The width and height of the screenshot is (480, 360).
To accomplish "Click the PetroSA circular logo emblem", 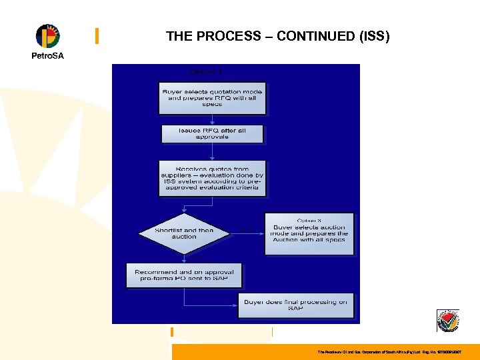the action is point(47,36).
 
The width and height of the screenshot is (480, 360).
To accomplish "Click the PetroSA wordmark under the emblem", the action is point(47,56).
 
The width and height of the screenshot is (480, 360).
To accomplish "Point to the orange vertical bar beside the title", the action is point(97,36).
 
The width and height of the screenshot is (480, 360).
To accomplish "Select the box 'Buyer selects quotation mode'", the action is point(212,98).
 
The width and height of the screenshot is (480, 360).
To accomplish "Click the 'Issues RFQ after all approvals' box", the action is point(212,133).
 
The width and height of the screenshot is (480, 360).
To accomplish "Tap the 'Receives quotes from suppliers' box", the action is point(212,178).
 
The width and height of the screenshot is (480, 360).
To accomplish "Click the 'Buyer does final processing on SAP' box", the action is point(295,305).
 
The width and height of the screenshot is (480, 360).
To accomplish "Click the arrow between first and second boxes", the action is point(212,119).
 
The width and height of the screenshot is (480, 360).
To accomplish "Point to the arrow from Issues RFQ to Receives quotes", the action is point(212,151).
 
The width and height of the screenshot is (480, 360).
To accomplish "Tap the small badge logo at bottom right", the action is point(447,321).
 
